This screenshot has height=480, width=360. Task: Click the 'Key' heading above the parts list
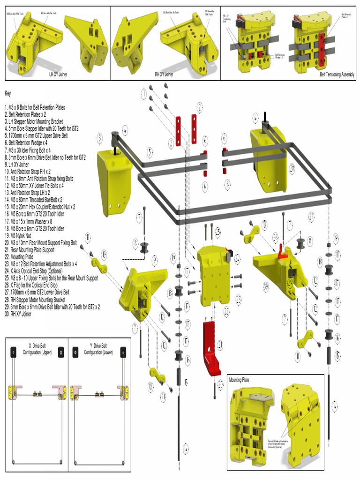7,93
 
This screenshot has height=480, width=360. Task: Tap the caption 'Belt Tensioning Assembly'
337,74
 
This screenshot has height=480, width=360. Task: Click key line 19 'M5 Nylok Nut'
21,236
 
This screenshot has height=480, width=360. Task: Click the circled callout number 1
144,94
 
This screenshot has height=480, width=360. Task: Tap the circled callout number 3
100,138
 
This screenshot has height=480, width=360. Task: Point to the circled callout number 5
150,151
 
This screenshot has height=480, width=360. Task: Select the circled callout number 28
292,166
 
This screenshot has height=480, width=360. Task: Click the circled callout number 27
311,216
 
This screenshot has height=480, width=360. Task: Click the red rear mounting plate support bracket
211,349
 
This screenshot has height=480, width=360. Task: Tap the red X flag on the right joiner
282,251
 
